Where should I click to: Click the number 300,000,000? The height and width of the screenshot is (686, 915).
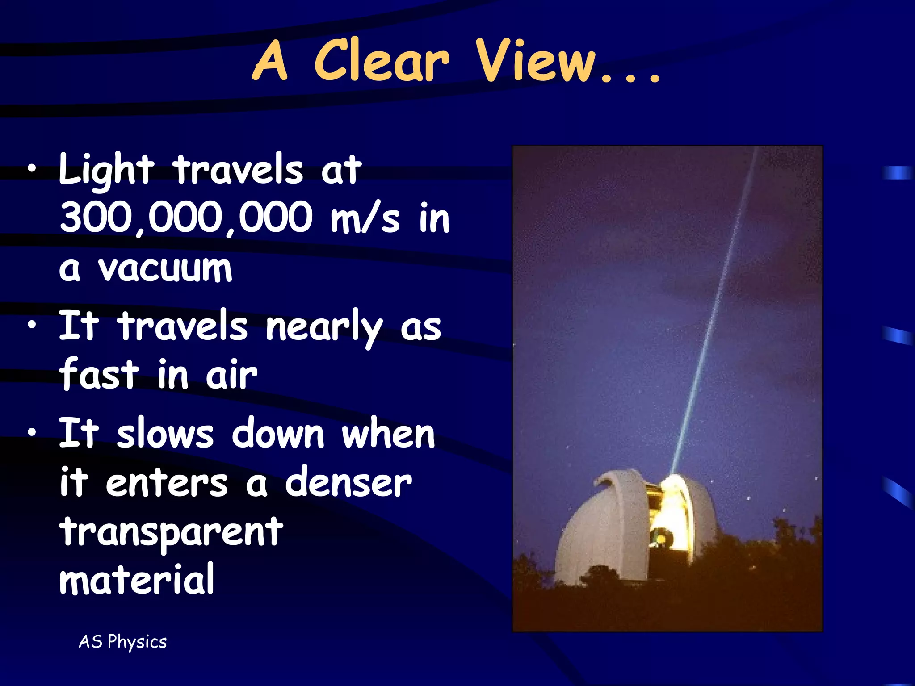[x=186, y=218]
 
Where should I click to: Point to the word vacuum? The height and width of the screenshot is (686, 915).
[x=165, y=269]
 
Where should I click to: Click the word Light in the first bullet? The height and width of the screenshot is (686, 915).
[x=106, y=170]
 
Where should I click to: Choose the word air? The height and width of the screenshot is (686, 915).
[x=231, y=375]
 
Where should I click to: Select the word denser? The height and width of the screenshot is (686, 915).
[x=348, y=483]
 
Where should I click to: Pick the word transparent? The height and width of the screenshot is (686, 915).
[x=171, y=532]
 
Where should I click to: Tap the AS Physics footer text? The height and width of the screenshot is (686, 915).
[x=123, y=642]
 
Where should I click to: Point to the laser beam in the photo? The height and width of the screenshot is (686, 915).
[x=715, y=313]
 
